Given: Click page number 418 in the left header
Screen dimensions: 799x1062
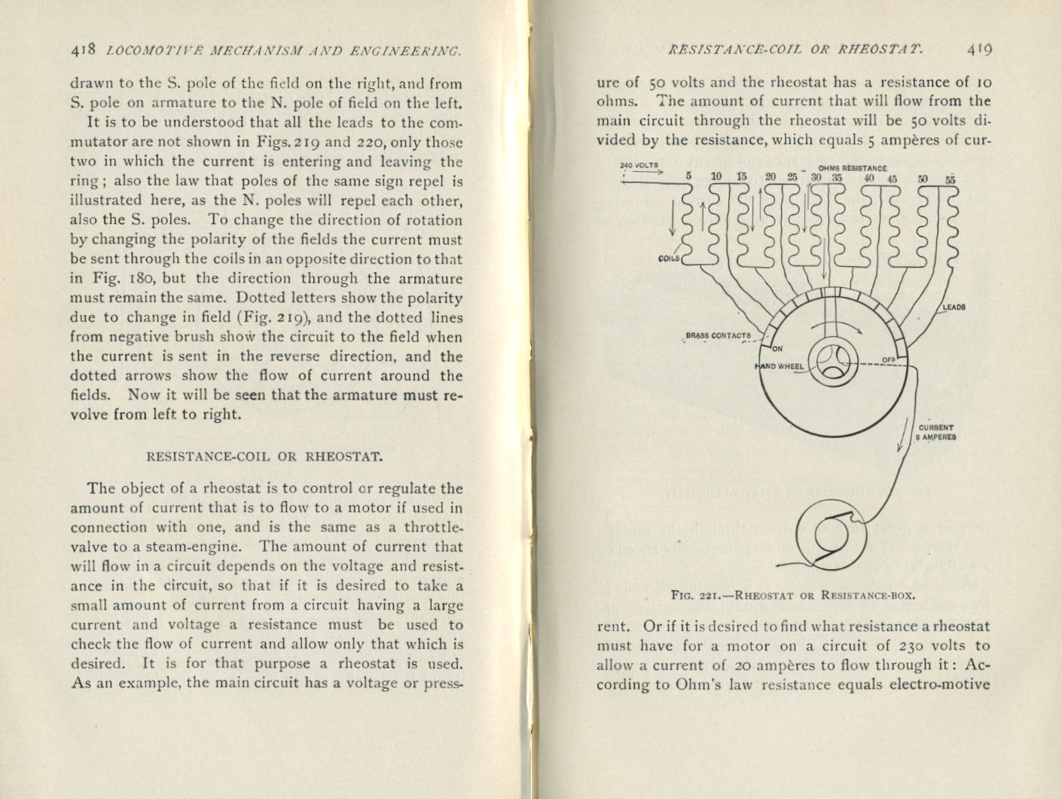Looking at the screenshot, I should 82,51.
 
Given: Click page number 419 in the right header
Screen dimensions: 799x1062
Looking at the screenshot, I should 980,50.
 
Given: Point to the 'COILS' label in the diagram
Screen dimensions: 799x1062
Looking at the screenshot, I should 669,258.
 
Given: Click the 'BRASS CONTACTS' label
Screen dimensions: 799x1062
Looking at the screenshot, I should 718,336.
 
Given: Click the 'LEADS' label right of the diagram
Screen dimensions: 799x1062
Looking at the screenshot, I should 954,308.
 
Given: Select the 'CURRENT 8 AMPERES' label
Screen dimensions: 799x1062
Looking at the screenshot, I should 936,432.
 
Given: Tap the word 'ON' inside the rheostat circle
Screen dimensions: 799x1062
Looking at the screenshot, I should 778,349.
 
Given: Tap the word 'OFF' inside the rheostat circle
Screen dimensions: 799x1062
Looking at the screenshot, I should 889,360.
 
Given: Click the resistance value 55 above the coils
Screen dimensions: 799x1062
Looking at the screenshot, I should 950,179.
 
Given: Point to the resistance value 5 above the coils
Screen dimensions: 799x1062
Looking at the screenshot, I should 688,176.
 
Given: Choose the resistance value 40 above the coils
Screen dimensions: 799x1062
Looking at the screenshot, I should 869,179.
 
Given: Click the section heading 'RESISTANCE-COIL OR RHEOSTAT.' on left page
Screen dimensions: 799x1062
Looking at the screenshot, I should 265,456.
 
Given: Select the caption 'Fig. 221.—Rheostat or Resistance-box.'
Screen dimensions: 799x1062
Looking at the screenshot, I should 793,594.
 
